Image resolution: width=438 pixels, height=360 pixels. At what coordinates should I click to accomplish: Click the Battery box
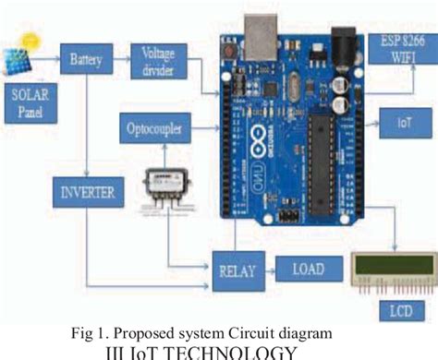85,62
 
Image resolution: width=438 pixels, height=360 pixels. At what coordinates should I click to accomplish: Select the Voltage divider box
157,60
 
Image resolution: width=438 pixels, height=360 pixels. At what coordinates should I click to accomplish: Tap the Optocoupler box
155,127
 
